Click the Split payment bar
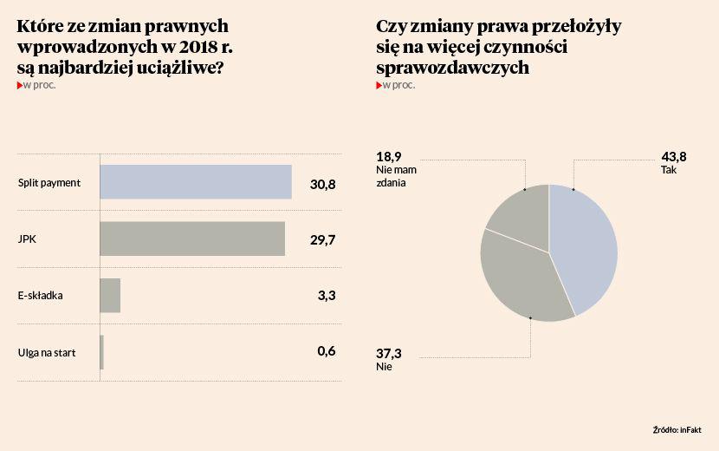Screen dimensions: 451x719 click(196, 182)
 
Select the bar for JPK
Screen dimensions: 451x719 click(192, 239)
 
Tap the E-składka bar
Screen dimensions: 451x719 click(110, 295)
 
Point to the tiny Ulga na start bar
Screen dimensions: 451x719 click(102, 351)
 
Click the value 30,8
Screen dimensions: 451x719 click(322, 183)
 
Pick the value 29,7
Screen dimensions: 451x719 click(322, 239)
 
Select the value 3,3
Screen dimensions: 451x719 click(327, 296)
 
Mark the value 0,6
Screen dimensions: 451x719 click(326, 351)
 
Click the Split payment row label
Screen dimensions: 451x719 click(49, 183)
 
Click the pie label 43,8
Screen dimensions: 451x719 click(673, 157)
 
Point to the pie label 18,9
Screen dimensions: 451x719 click(389, 157)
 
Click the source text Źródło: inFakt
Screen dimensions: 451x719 click(677, 430)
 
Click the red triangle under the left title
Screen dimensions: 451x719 click(20, 85)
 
